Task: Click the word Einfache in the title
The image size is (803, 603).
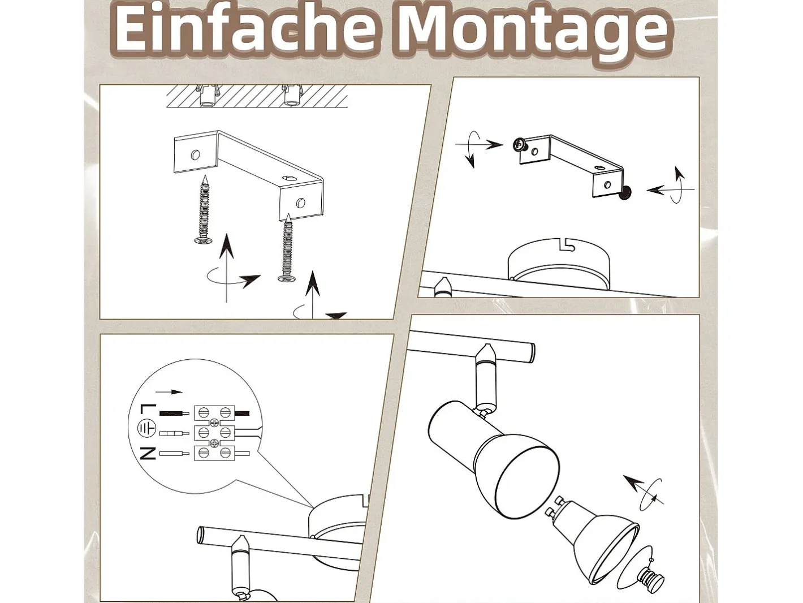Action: click(x=244, y=29)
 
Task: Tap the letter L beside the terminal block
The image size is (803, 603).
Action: click(x=148, y=410)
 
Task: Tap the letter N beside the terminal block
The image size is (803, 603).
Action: click(x=148, y=453)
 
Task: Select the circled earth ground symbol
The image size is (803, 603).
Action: click(x=146, y=429)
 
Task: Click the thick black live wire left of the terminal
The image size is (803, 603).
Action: click(x=174, y=414)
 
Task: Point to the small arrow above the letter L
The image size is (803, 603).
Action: click(x=169, y=392)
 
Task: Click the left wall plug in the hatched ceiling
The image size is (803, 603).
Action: click(x=207, y=96)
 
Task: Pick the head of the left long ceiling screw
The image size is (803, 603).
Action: click(x=203, y=240)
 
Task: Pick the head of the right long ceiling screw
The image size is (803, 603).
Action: click(x=287, y=279)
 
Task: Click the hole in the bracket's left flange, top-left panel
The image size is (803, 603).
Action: click(x=196, y=155)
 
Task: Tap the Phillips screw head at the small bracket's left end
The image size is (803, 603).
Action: click(x=519, y=144)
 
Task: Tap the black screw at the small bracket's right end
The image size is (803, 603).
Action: click(x=625, y=193)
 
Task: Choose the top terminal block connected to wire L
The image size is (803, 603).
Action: click(x=214, y=414)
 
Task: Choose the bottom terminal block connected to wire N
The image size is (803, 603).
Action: click(x=214, y=453)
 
